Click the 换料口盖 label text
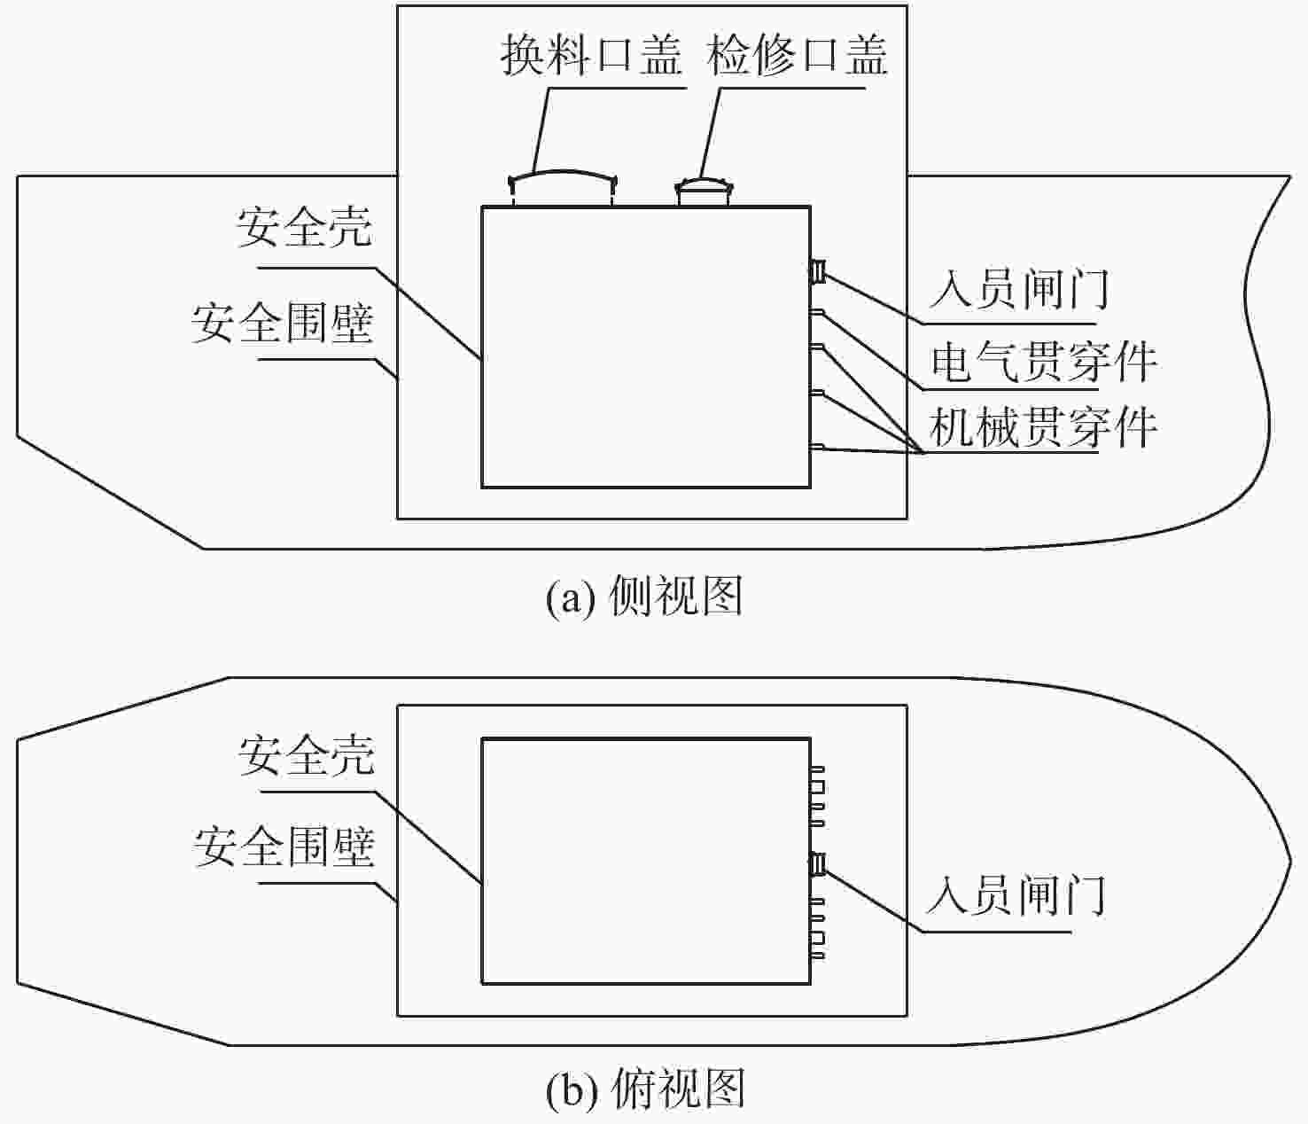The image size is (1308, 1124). [591, 56]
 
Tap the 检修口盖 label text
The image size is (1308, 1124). [797, 56]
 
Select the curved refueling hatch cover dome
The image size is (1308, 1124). [563, 175]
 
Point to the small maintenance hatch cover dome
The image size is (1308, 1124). [704, 184]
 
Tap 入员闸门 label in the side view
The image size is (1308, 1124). [1018, 289]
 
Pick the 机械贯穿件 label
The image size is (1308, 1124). [1044, 427]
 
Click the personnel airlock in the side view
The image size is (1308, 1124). [818, 271]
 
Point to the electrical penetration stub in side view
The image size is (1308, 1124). [817, 312]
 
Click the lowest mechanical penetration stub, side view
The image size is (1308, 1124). [817, 447]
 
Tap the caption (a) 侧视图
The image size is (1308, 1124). [643, 596]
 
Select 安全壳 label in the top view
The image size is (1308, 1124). [307, 755]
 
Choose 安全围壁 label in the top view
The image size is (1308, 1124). [284, 847]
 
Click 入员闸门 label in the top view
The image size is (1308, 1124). [1016, 895]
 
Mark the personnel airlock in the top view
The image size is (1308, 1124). [818, 864]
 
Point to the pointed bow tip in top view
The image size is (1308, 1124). [1291, 861]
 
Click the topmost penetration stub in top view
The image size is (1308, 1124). [818, 769]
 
